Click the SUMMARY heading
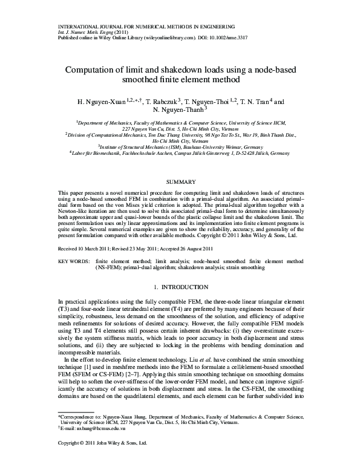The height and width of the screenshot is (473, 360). [x=180, y=182]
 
